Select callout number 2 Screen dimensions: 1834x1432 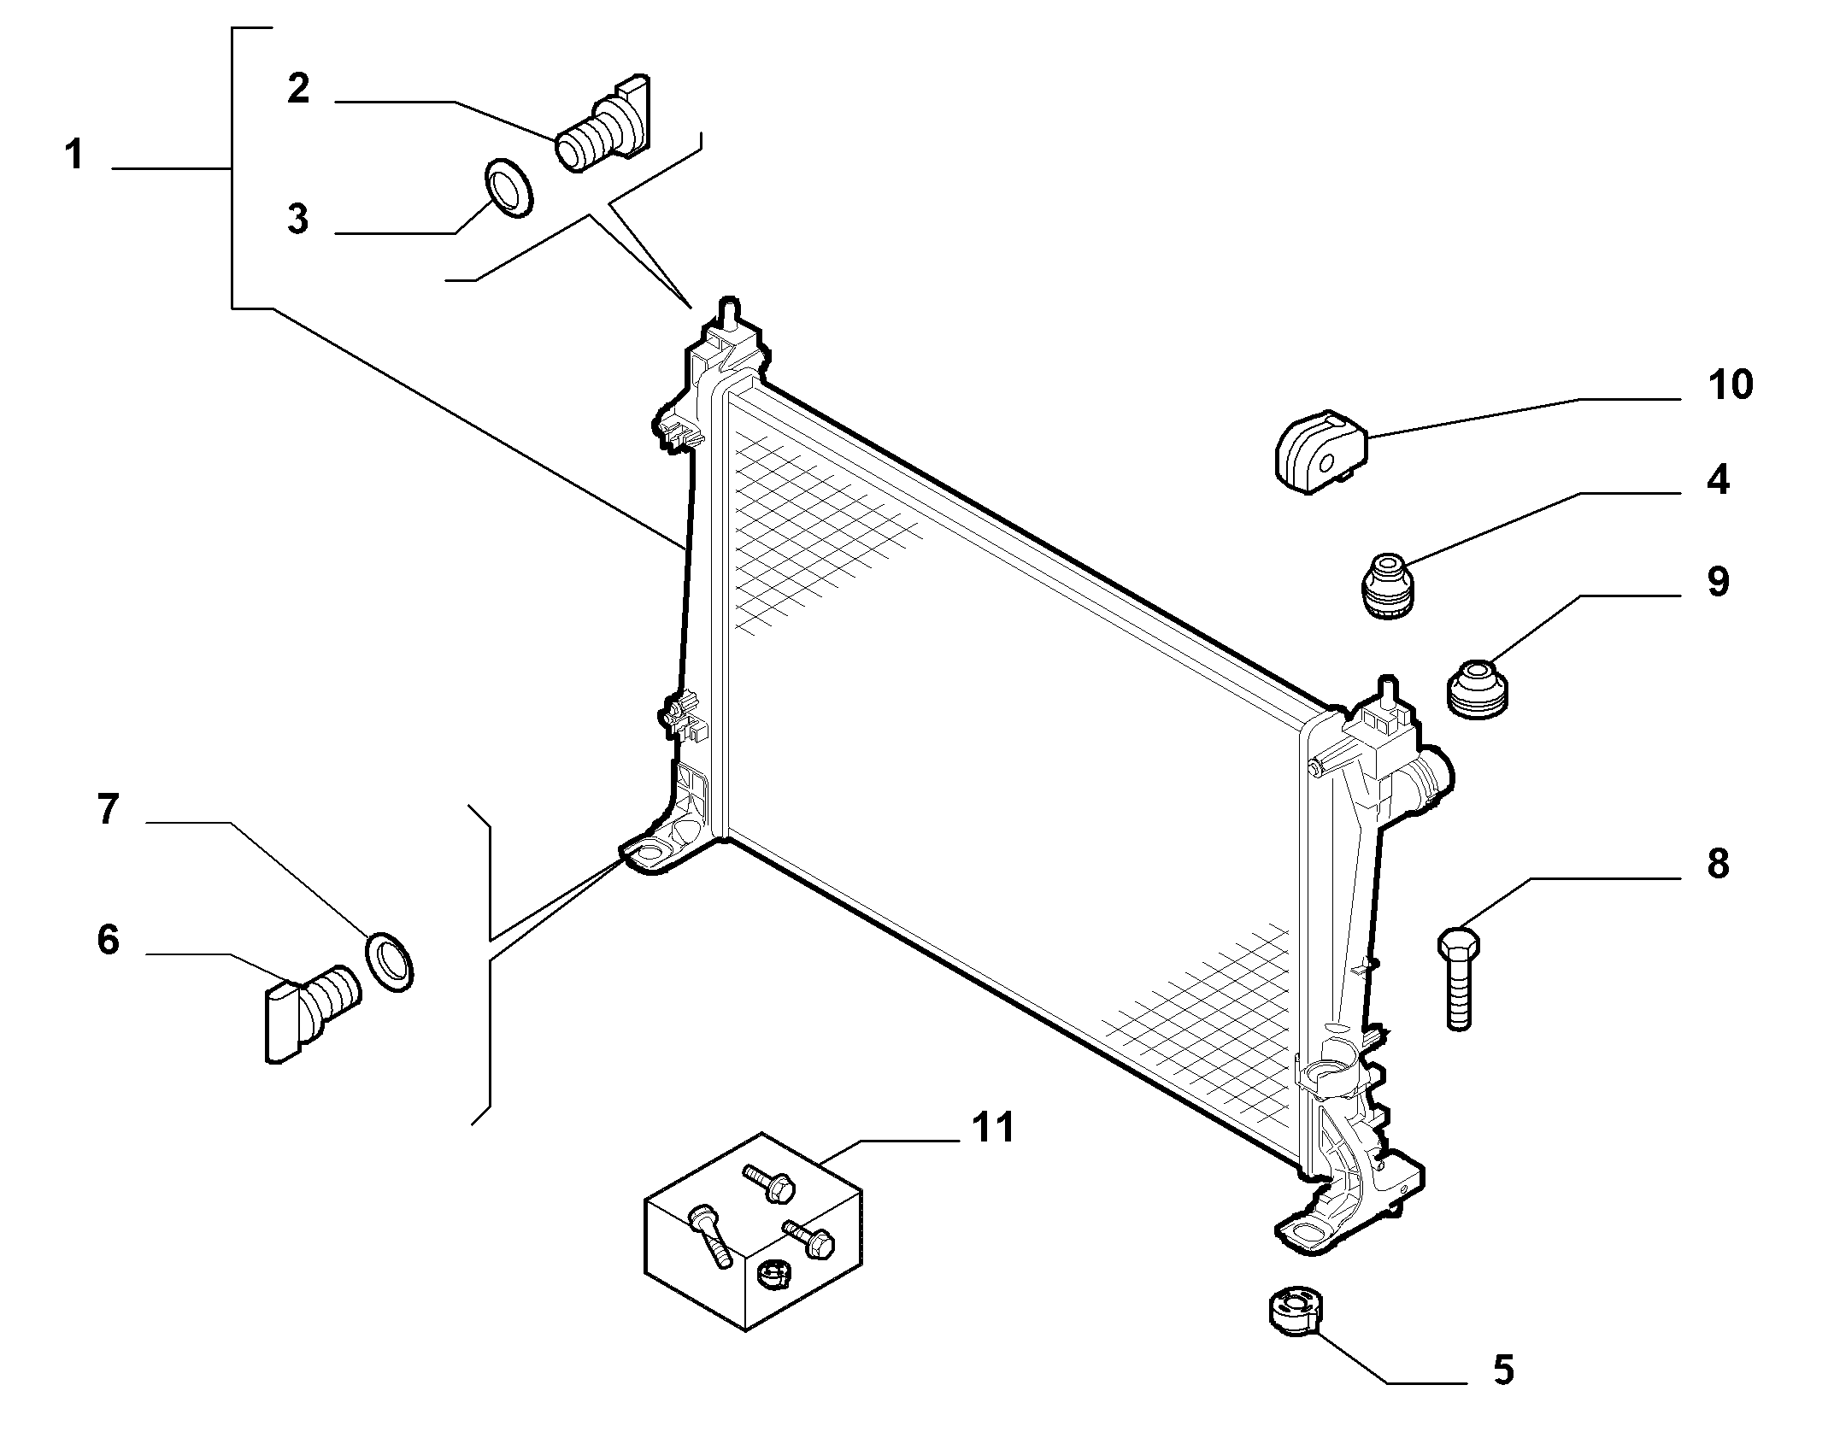tap(298, 89)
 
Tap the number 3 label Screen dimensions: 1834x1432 tap(297, 219)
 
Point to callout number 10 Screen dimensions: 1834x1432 tap(1731, 384)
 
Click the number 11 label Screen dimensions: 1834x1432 tap(992, 1128)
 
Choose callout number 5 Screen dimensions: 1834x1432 tap(1503, 1393)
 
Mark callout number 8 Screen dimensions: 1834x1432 tap(1718, 864)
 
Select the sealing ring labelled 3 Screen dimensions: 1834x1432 tap(508, 186)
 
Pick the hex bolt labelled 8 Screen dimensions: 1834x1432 tap(1460, 978)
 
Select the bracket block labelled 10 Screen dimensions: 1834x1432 tap(1321, 450)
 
